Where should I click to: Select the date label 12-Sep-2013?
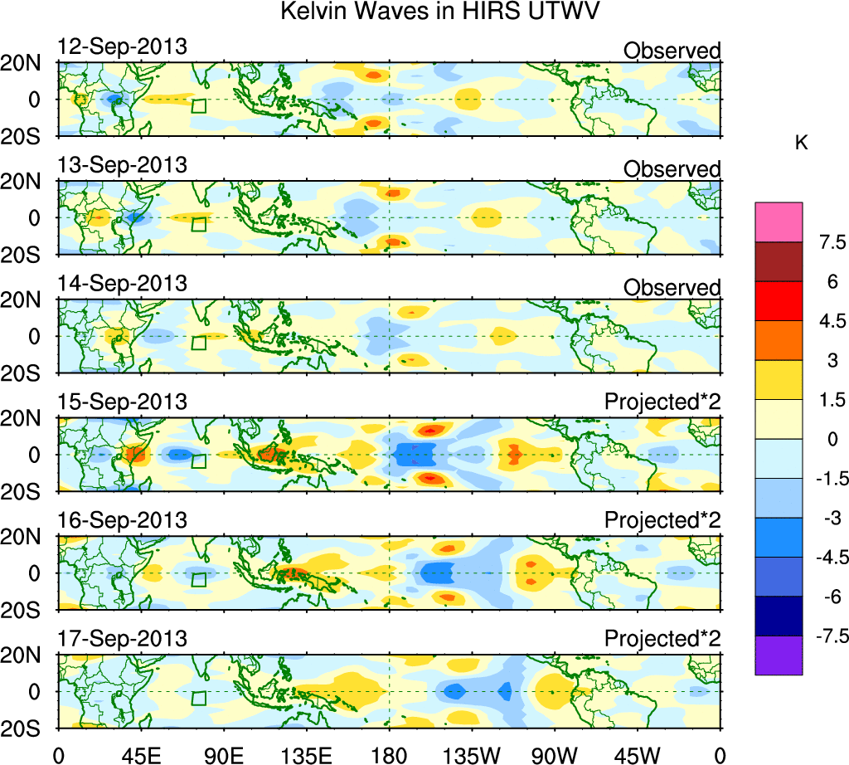pos(122,46)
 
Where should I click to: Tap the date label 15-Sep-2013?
pos(122,402)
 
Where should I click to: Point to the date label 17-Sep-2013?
pos(122,639)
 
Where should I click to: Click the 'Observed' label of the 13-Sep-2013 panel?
pos(672,169)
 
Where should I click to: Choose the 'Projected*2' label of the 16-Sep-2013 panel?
pos(662,521)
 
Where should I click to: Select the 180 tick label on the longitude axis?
pos(390,754)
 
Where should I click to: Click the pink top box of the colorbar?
pos(779,222)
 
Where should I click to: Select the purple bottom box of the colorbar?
pos(779,655)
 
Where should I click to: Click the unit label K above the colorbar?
pos(801,143)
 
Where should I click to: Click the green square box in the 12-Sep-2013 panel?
pos(199,105)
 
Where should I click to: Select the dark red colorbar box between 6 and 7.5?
pos(779,261)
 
